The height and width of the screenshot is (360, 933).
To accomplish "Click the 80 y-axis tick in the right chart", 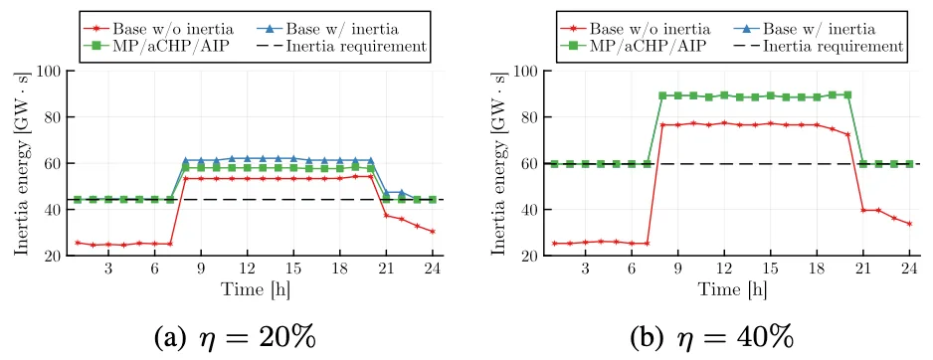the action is point(529,117).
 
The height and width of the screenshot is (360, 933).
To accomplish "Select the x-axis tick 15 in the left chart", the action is point(293,269).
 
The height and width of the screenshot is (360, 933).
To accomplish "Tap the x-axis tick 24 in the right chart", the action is point(909,269).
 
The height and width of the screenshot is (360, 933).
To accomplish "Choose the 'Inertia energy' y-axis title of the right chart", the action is point(500,163).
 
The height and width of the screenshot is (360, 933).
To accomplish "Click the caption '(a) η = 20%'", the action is point(235,337).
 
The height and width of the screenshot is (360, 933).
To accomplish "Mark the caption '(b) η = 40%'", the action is point(712,337).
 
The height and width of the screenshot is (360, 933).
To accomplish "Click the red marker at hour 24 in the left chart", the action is point(433,232).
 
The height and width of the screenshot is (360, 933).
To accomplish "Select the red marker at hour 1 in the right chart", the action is point(555,244).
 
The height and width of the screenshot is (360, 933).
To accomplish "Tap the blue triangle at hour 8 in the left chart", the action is point(186,161).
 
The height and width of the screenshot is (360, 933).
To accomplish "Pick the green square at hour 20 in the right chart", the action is point(847,94).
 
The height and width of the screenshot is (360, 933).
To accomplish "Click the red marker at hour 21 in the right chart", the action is point(862,210).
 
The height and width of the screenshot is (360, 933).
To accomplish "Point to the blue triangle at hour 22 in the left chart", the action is point(402,193).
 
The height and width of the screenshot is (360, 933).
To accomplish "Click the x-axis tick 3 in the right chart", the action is point(586,269).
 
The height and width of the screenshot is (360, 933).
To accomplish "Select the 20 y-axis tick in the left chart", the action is point(53,256).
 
